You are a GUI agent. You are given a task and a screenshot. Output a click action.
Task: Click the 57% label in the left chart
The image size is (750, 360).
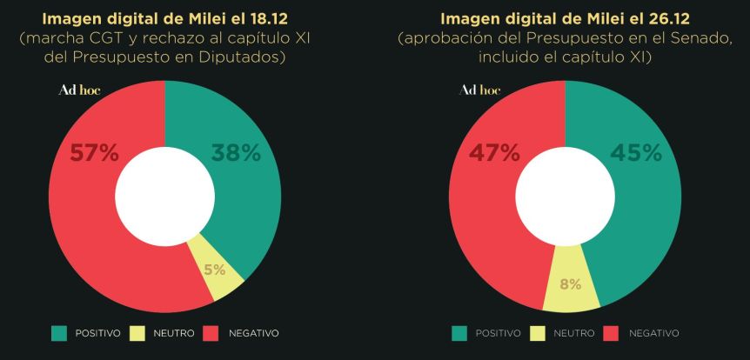click(94, 154)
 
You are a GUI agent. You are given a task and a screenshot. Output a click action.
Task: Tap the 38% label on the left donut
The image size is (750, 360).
click(236, 154)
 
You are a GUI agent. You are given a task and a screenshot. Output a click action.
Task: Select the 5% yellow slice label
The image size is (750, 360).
click(214, 270)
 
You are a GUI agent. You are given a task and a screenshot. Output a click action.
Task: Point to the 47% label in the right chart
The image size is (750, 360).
click(495, 154)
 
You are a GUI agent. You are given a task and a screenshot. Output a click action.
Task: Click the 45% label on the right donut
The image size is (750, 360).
click(637, 154)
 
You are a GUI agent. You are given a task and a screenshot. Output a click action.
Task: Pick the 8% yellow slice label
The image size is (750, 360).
click(571, 284)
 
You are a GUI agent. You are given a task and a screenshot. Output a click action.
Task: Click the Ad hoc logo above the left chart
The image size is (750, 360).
click(79, 90)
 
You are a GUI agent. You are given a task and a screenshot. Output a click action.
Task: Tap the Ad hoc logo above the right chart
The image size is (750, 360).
click(479, 90)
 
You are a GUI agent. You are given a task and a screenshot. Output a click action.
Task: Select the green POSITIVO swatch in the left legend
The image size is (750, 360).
click(59, 333)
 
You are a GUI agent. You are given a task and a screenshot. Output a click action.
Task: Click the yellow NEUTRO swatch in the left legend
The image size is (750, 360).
click(137, 333)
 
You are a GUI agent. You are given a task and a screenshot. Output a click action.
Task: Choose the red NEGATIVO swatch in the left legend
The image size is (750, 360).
click(210, 333)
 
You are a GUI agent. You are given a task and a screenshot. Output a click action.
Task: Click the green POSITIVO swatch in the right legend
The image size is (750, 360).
click(459, 333)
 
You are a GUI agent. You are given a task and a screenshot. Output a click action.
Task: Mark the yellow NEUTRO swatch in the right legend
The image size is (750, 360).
click(537, 333)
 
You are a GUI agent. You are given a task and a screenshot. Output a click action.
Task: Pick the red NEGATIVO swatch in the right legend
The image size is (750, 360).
click(610, 333)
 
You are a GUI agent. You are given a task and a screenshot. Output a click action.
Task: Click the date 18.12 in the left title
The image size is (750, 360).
click(252, 18)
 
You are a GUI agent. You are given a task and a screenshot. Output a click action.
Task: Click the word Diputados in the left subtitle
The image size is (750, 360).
click(251, 57)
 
